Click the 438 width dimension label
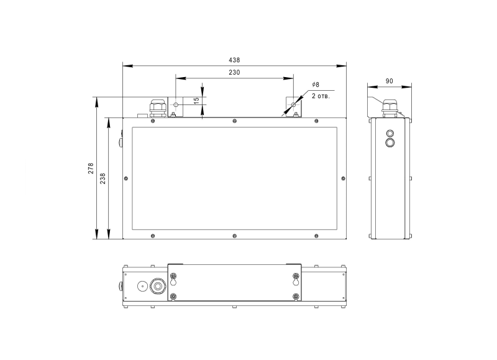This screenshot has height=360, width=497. [x=234, y=60]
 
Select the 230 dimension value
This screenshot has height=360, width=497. [x=234, y=72]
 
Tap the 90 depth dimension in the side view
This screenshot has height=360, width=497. [x=390, y=81]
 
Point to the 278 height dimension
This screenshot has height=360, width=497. [x=91, y=168]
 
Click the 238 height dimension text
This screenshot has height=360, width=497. [x=103, y=178]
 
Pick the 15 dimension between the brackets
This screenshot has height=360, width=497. [x=196, y=99]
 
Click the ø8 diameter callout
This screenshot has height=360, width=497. [x=316, y=85]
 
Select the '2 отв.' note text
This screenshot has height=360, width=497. [x=321, y=96]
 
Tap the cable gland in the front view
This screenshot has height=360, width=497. [x=158, y=108]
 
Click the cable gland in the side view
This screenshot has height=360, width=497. [x=390, y=108]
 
